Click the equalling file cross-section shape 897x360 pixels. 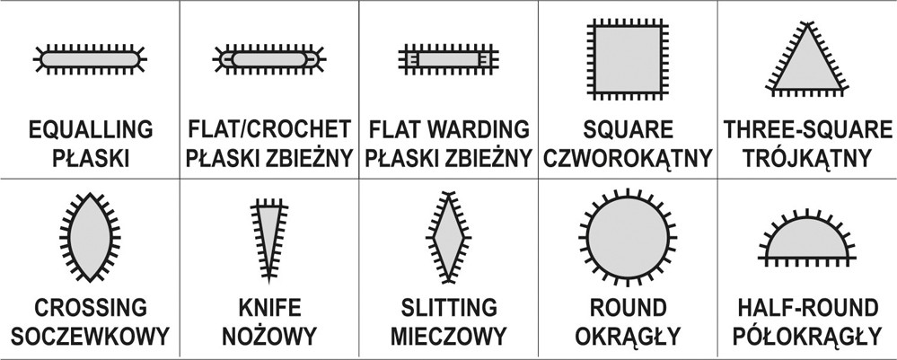(x=91, y=59)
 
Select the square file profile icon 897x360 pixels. (x=628, y=59)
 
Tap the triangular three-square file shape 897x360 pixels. (x=807, y=59)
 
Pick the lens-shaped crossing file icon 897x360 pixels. (x=90, y=237)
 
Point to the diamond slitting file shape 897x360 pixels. (x=449, y=237)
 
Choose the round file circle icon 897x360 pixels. (x=628, y=237)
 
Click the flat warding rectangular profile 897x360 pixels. (x=449, y=59)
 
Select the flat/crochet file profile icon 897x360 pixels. (x=268, y=59)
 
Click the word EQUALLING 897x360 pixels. (x=91, y=130)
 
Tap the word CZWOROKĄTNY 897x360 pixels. (x=629, y=158)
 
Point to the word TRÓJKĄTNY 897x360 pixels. (x=807, y=157)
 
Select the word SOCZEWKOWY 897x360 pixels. (x=91, y=336)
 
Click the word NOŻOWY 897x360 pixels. (x=269, y=335)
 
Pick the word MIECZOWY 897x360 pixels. (x=449, y=336)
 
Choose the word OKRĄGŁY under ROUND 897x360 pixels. (x=629, y=336)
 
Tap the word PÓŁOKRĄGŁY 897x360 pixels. (x=807, y=335)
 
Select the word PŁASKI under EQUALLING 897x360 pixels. (x=91, y=157)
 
